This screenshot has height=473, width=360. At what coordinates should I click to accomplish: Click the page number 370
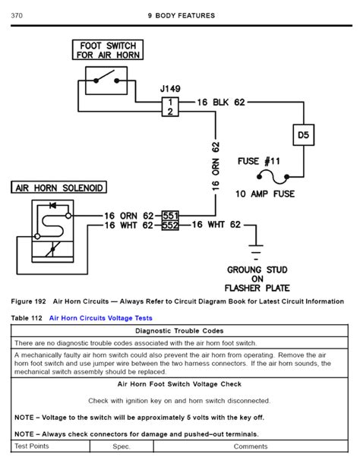pyautogui.click(x=17, y=15)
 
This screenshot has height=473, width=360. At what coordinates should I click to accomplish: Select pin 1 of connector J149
pyautogui.click(x=170, y=102)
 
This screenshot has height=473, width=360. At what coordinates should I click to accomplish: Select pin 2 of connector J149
pyautogui.click(x=170, y=112)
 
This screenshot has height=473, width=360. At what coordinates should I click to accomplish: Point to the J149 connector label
pyautogui.click(x=170, y=89)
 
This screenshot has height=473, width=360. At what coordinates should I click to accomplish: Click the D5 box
pyautogui.click(x=304, y=135)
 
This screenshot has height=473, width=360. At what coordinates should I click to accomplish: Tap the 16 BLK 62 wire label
pyautogui.click(x=221, y=102)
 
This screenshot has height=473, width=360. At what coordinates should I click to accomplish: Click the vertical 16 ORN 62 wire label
pyautogui.click(x=216, y=166)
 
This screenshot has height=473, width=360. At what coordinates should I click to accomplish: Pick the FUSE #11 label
pyautogui.click(x=259, y=161)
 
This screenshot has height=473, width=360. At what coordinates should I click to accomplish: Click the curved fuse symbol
pyautogui.click(x=273, y=177)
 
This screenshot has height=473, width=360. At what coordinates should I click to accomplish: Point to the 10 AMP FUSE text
pyautogui.click(x=265, y=194)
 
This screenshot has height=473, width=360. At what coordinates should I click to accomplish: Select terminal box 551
pyautogui.click(x=170, y=216)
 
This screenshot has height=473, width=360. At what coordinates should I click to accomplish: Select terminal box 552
pyautogui.click(x=170, y=225)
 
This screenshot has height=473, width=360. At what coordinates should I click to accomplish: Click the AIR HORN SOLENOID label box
pyautogui.click(x=58, y=188)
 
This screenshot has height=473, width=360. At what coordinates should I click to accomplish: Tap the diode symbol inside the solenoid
pyautogui.click(x=53, y=206)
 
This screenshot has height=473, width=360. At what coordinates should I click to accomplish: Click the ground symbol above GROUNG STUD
pyautogui.click(x=256, y=252)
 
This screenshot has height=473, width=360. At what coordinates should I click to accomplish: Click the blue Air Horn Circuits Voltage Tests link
pyautogui.click(x=101, y=318)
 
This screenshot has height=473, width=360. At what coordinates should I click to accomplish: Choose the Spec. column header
pyautogui.click(x=122, y=446)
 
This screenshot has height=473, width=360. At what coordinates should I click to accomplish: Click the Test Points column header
pyautogui.click(x=32, y=446)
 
